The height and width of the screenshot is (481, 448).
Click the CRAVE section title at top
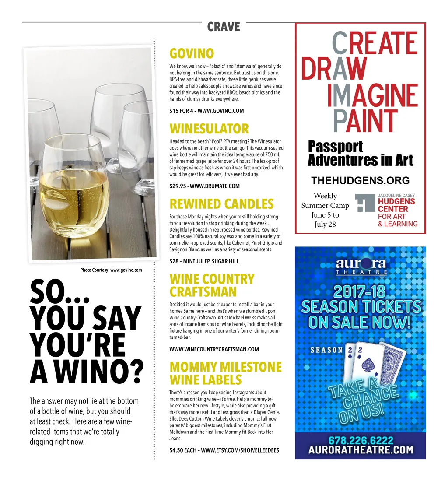point(224,27)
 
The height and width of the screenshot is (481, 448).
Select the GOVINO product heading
point(192,54)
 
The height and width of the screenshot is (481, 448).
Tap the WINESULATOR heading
point(209,129)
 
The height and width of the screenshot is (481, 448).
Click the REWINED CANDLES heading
point(221,204)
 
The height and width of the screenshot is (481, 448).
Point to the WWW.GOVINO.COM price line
point(206,111)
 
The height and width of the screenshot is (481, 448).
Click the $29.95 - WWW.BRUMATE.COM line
point(204,186)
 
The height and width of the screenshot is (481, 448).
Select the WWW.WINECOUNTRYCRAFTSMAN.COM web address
point(214,349)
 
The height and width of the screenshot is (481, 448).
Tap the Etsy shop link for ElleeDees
point(224,450)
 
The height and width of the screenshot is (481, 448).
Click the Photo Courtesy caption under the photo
point(111,270)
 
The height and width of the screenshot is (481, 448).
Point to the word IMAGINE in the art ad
point(372,96)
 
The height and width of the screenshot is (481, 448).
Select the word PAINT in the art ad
point(365,120)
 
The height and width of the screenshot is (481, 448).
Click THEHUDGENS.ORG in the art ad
point(360,180)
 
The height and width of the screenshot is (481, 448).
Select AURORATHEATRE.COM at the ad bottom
point(360,450)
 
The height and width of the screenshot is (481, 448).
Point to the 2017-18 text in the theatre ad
point(360,292)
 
